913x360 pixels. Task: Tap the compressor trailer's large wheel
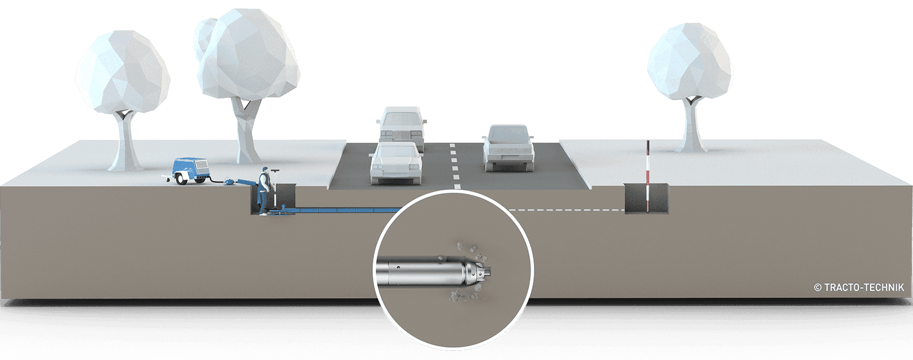coord(182,179)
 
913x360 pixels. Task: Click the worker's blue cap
coord(264,170)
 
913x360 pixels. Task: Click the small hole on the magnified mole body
coord(399,266)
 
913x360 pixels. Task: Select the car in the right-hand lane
coord(507,148)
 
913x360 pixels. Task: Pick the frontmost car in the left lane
coord(395,164)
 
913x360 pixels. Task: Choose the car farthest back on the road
coord(402,124)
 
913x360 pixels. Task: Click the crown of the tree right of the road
coord(690,59)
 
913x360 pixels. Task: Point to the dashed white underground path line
coord(565,210)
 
